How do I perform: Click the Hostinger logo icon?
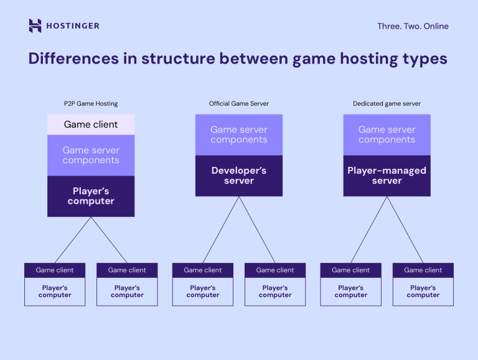[35, 26]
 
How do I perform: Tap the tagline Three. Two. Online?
[413, 26]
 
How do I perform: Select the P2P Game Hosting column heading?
[91, 103]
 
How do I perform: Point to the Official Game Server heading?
[239, 103]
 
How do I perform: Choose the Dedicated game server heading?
[387, 103]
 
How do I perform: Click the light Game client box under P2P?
[91, 125]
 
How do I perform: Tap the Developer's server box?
[239, 176]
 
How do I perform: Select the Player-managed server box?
[387, 176]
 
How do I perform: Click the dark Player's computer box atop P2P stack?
[91, 196]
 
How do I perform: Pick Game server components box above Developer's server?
[239, 135]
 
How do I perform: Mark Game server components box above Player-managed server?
[387, 135]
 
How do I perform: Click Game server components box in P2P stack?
[91, 155]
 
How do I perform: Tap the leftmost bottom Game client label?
[55, 270]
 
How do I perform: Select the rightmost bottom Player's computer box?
[423, 291]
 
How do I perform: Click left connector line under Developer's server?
[222, 229]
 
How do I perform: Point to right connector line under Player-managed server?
[405, 229]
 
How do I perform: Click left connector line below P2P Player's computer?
[73, 240]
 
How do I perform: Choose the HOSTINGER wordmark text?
[72, 26]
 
